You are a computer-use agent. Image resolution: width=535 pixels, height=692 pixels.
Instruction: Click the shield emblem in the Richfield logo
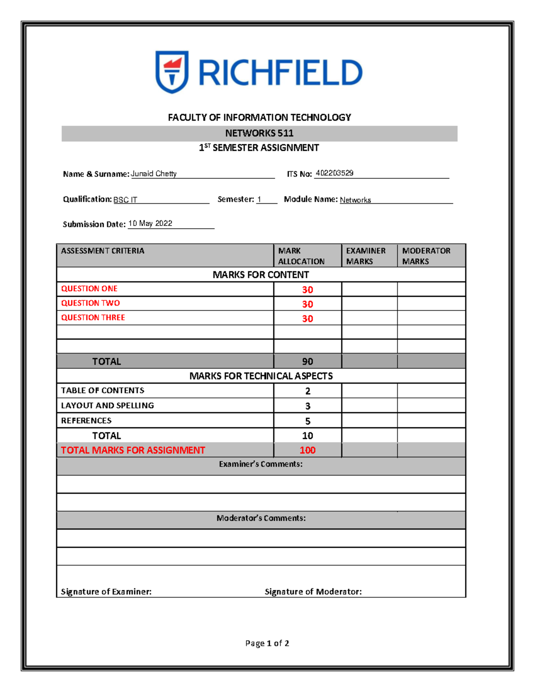(172, 71)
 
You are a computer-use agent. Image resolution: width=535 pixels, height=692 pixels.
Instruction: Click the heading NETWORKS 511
(259, 133)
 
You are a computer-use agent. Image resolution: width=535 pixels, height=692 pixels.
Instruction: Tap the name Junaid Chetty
(154, 174)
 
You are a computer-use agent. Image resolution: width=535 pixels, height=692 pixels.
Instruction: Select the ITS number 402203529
(334, 173)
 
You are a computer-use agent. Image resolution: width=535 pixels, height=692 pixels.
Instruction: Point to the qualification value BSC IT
(125, 200)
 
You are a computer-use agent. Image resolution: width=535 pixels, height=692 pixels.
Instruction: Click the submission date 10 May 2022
(150, 223)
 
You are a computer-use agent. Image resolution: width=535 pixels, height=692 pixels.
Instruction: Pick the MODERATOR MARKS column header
(426, 256)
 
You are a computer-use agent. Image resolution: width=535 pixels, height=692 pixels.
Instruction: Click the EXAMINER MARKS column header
(366, 256)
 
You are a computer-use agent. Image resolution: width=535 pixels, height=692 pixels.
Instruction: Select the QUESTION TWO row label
(91, 303)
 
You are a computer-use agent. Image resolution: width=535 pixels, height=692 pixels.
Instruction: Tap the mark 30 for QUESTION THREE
(308, 319)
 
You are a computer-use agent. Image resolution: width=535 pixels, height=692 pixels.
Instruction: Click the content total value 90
(308, 361)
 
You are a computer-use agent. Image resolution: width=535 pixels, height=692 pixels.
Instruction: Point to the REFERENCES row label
(86, 421)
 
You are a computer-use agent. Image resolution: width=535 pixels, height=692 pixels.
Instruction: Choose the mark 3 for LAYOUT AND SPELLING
(308, 406)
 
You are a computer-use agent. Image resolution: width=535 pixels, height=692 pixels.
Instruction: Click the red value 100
(308, 450)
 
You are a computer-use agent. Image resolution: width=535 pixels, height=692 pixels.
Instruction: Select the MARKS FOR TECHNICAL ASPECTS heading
(261, 376)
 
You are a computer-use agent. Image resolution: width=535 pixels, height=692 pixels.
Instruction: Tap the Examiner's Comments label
(261, 464)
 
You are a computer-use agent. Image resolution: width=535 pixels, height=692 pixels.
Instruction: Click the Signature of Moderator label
(313, 592)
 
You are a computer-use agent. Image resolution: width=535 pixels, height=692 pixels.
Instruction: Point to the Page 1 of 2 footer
(267, 643)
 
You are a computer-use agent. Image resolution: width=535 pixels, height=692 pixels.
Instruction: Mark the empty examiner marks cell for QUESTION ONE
(370, 289)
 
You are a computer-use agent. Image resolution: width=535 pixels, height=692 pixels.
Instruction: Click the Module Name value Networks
(355, 200)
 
